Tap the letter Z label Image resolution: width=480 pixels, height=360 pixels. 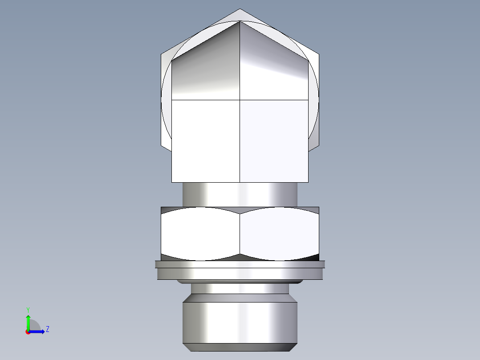point(47,329)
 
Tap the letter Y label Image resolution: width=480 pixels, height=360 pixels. point(28,309)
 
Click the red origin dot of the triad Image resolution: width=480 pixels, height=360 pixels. point(28,331)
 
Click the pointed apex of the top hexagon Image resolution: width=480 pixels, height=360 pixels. point(240,10)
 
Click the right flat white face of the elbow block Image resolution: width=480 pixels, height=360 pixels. point(273,140)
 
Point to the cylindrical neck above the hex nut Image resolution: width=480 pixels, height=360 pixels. point(240,195)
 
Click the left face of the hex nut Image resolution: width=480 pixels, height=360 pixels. point(200,234)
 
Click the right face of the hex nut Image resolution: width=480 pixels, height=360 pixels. point(280,234)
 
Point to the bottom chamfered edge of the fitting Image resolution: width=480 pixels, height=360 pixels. point(240,347)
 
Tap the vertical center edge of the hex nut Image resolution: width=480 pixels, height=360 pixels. point(240,234)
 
